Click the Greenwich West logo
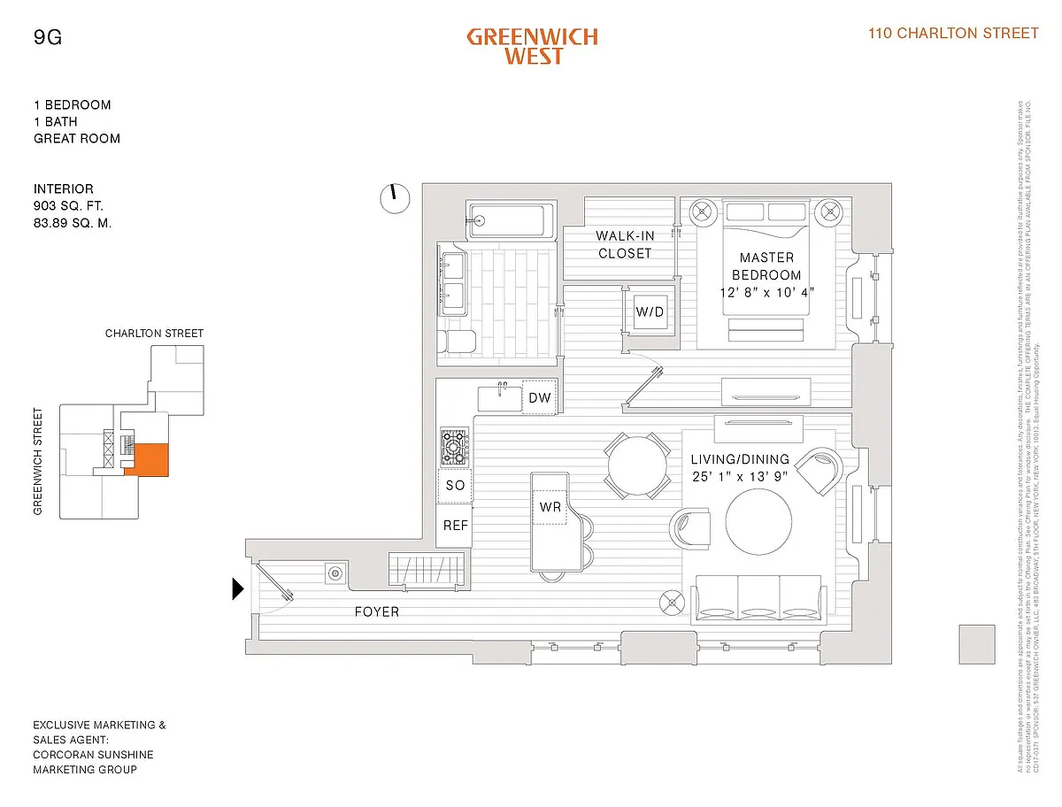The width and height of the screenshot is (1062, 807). pyautogui.click(x=532, y=46)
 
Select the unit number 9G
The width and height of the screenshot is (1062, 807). pyautogui.click(x=48, y=37)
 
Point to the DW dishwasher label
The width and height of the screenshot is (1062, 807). pyautogui.click(x=540, y=398)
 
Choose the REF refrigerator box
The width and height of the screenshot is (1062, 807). pyautogui.click(x=456, y=526)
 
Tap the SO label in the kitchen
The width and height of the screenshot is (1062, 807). pyautogui.click(x=455, y=485)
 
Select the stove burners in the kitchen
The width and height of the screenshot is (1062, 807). pyautogui.click(x=455, y=448)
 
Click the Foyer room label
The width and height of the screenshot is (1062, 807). pyautogui.click(x=377, y=611)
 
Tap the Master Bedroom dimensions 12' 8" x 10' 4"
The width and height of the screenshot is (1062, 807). pyautogui.click(x=766, y=291)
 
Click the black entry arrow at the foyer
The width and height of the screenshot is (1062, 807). pyautogui.click(x=237, y=588)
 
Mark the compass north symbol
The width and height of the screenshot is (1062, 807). pyautogui.click(x=394, y=198)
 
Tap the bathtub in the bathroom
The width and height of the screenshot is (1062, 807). pyautogui.click(x=512, y=220)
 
